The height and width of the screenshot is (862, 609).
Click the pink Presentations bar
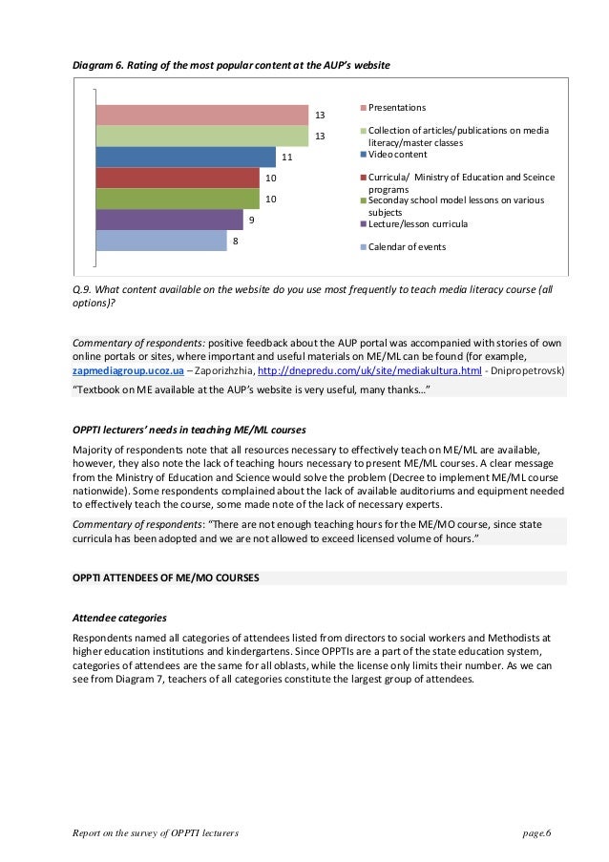pos(200,115)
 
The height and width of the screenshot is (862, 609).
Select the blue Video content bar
pos(185,157)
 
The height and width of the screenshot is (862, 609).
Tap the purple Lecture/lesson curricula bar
pos(169,220)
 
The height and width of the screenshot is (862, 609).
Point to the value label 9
pos(251,221)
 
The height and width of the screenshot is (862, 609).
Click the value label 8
pos(235,242)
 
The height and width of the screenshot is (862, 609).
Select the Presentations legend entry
pos(397,107)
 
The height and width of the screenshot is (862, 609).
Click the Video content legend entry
pos(397,154)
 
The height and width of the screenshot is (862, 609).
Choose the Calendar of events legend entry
pos(407,247)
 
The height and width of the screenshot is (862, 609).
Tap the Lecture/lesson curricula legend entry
pos(418,224)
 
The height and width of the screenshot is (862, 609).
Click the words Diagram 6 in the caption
pos(99,64)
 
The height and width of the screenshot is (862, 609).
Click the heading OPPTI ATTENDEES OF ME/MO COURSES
pos(165,578)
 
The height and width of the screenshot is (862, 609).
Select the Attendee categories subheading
pos(120,618)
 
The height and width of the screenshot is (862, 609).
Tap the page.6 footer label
pos(537,833)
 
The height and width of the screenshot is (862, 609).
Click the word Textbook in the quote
pos(98,389)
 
